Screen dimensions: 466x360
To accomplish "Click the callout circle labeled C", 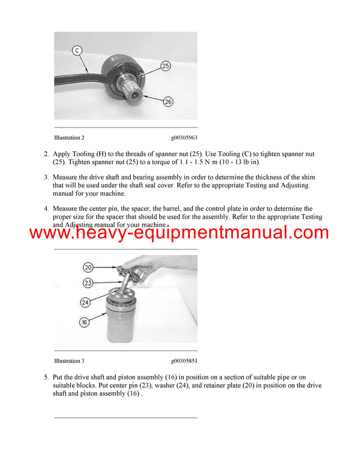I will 77,50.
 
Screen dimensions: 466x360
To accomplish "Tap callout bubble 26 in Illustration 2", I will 168,101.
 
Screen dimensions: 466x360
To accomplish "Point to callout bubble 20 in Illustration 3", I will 88,267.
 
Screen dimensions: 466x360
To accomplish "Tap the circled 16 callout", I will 85,322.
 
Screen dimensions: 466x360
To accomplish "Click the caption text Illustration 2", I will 69,138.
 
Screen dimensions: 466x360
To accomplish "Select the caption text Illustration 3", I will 69,361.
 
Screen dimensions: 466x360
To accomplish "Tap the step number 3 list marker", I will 46,177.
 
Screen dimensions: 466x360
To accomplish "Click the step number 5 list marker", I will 46,377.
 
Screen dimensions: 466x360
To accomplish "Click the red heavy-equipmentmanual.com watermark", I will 179,233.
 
